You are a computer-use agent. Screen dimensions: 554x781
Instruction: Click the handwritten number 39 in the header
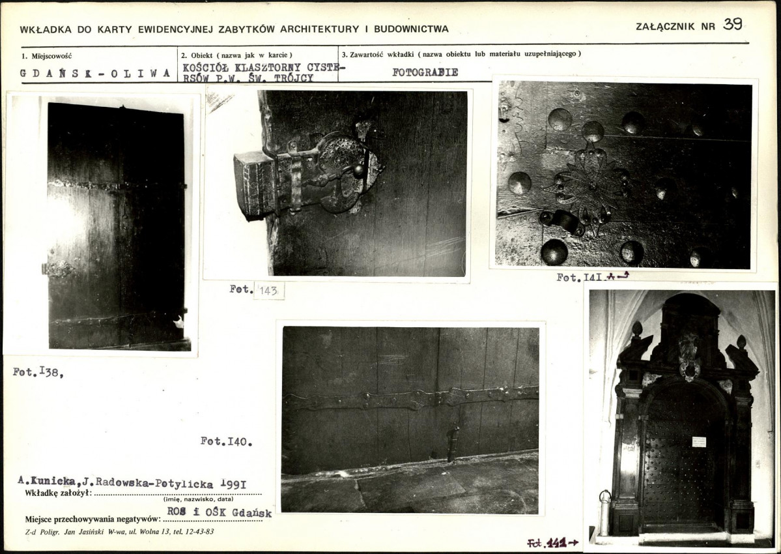[x=732, y=25]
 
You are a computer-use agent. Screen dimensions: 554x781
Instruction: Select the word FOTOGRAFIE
[x=425, y=72]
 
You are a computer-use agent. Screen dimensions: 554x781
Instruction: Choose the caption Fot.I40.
[x=226, y=442]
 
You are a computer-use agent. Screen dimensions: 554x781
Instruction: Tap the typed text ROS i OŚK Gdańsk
[x=219, y=513]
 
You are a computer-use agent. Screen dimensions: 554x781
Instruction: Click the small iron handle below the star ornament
[x=562, y=222]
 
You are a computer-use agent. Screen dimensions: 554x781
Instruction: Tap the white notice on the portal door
[x=699, y=441]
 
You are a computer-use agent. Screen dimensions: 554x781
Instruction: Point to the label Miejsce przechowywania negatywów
[x=92, y=519]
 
